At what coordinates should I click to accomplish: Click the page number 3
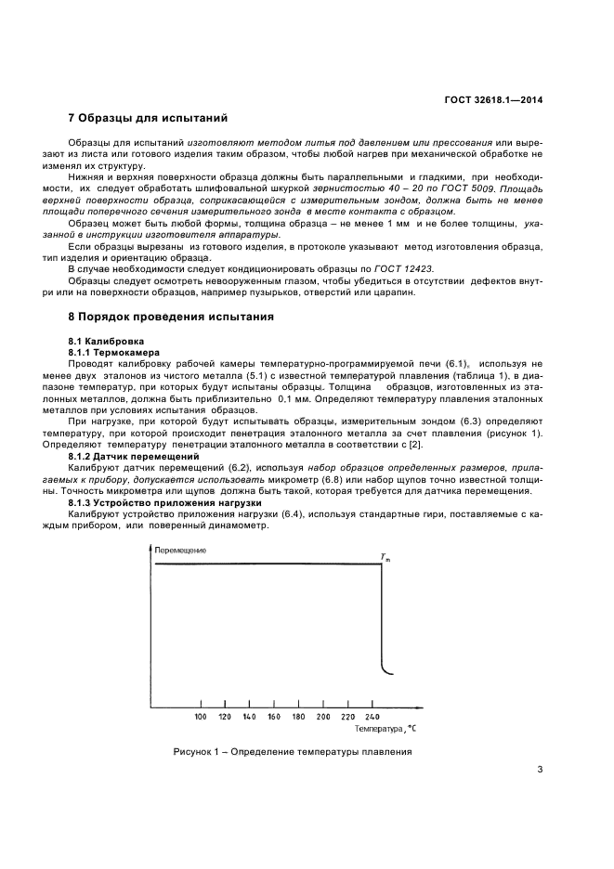(x=540, y=768)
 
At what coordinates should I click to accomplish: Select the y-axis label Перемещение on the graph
(x=180, y=550)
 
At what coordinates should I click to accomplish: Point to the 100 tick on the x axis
(x=200, y=718)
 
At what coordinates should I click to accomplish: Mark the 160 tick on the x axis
(x=273, y=718)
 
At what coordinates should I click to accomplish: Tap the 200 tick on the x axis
(x=322, y=718)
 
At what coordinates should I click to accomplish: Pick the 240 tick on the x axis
(x=372, y=718)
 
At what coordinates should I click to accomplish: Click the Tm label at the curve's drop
(x=385, y=557)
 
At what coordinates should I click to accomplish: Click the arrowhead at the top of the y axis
(x=150, y=550)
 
